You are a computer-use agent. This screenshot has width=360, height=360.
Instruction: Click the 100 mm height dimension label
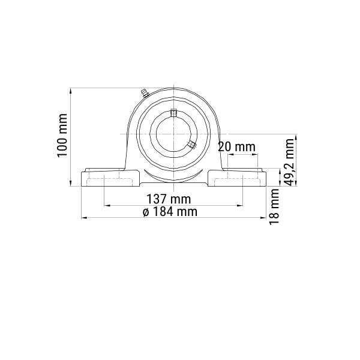(x=62, y=136)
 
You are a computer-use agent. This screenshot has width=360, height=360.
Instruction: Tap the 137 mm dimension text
(x=169, y=199)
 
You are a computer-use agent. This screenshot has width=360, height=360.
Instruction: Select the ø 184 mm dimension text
(x=170, y=211)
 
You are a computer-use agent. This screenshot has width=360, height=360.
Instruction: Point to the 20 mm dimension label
(x=236, y=147)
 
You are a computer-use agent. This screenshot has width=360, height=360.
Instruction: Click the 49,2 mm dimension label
(x=289, y=162)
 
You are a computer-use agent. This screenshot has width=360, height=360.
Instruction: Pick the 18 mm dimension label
(x=274, y=206)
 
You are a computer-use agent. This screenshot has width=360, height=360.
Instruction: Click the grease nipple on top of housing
(x=145, y=93)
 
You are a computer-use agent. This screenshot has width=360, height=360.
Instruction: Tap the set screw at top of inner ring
(x=173, y=113)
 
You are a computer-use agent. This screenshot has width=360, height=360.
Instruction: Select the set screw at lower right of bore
(x=191, y=145)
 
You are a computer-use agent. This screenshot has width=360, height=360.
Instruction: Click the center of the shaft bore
(x=173, y=134)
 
